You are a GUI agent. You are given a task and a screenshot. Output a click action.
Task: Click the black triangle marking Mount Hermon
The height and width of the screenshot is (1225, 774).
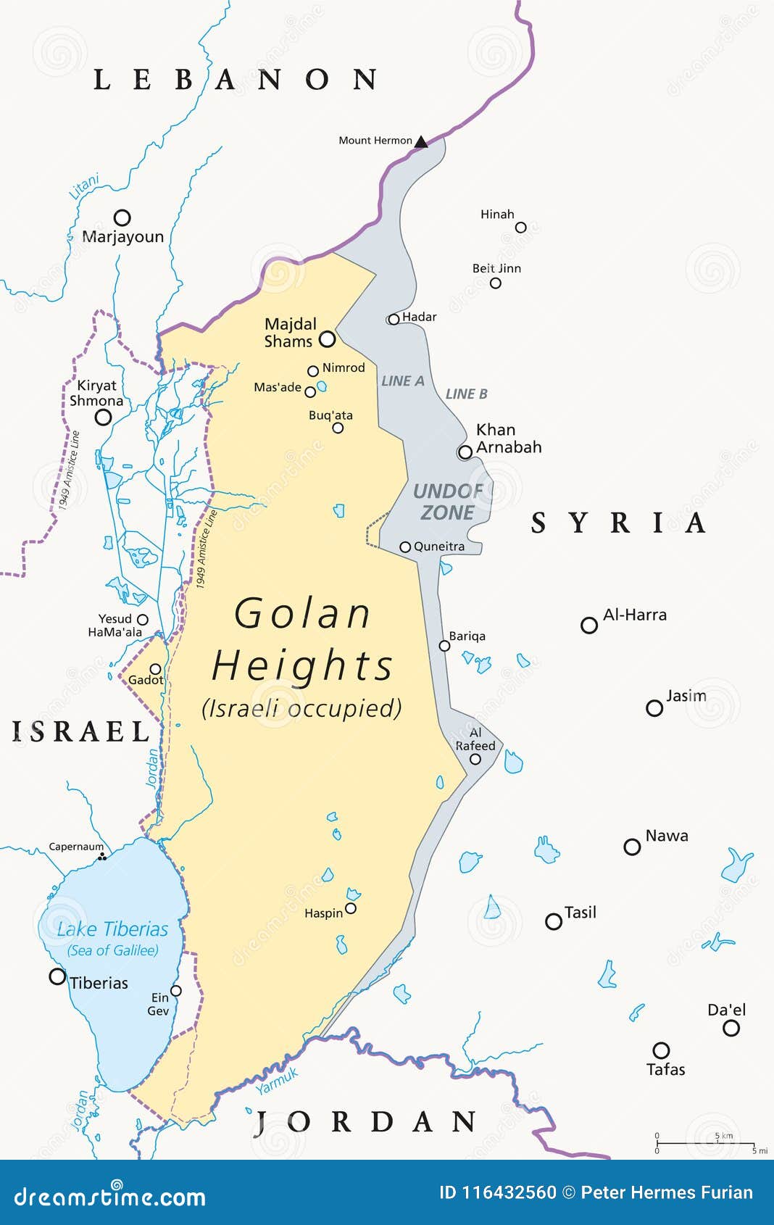coord(421,141)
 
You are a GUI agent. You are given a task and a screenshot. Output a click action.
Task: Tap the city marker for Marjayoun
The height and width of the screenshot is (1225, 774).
coord(122,217)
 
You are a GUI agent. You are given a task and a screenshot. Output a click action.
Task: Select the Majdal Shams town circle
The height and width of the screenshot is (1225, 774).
coord(328,339)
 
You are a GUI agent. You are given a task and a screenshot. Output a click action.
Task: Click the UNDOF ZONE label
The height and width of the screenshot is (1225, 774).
coord(448,502)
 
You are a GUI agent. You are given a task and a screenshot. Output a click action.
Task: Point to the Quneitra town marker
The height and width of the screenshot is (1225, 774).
coord(406,547)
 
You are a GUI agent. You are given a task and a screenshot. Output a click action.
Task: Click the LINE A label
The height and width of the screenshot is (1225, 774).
coord(403,381)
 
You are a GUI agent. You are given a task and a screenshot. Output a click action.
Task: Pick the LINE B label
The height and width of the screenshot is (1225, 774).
coord(466,394)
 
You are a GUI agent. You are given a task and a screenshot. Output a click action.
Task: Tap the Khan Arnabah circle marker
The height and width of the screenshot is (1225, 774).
coord(465,452)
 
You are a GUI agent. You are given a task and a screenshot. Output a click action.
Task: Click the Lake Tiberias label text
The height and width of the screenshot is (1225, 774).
coord(112,929)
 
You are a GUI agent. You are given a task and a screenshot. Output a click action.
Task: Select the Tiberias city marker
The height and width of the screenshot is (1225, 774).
coord(57,976)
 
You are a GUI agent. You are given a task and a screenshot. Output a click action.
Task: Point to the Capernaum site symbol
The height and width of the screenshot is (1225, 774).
coord(102,857)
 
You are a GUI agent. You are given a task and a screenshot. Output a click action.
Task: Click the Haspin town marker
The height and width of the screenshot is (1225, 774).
coord(351,908)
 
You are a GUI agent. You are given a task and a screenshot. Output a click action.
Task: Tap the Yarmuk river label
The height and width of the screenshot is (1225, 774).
coord(277,1081)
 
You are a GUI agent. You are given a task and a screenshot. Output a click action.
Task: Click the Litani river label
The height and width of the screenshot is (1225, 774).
coord(84,187)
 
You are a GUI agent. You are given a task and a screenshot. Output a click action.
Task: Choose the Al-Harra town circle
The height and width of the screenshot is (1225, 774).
coord(589,625)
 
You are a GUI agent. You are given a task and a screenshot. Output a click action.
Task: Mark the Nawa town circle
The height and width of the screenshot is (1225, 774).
coord(632,847)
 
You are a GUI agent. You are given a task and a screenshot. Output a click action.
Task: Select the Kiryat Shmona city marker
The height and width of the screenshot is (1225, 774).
coord(104,417)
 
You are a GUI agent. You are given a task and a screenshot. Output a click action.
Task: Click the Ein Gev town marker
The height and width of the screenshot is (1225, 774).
coord(175,991)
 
